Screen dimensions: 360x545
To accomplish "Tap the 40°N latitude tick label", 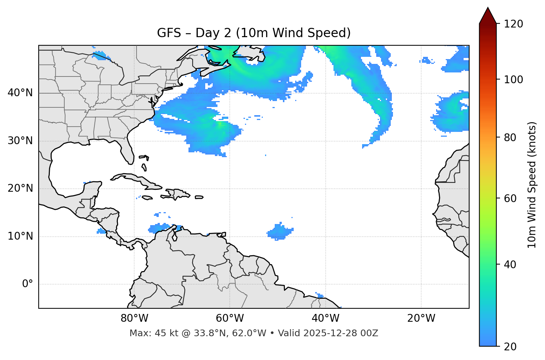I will [x=20, y=93].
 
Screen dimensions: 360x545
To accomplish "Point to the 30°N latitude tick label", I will [x=20, y=141].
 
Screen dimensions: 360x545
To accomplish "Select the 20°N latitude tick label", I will [x=20, y=188].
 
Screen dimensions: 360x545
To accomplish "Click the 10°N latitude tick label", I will [x=20, y=236].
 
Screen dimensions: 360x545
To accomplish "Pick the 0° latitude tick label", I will [x=28, y=284].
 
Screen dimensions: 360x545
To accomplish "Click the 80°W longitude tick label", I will [x=134, y=318].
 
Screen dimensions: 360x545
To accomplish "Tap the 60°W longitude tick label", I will [x=230, y=318].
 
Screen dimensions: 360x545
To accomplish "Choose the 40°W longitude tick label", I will [x=325, y=318].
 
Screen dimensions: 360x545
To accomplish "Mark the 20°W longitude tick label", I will [x=421, y=318].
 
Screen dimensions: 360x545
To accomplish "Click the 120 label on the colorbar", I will [x=513, y=24].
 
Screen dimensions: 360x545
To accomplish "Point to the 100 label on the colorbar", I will [x=513, y=80].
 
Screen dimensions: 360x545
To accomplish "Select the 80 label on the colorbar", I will [x=510, y=137].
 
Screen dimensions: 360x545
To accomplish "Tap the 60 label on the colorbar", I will [x=510, y=198].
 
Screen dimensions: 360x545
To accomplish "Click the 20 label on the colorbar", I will [x=510, y=347].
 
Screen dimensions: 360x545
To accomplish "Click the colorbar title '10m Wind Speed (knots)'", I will [x=532, y=185].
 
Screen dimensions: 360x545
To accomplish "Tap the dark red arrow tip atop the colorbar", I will [x=488, y=15].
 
